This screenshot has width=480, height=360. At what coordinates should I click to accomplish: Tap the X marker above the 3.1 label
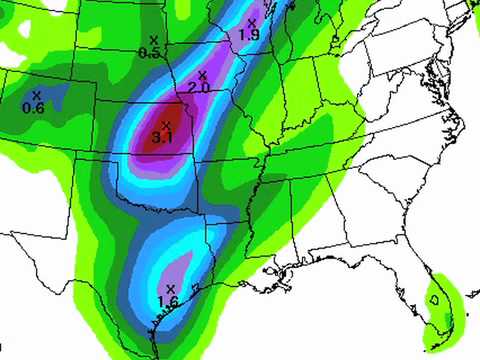pyautogui.click(x=165, y=123)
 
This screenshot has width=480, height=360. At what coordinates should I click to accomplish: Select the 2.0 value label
pyautogui.click(x=200, y=88)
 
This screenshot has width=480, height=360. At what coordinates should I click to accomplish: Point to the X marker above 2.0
pyautogui.click(x=203, y=75)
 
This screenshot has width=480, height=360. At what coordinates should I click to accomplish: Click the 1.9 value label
pyautogui.click(x=250, y=35)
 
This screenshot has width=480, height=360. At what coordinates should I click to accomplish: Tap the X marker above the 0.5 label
pyautogui.click(x=153, y=40)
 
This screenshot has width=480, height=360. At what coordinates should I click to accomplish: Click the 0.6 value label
pyautogui.click(x=33, y=108)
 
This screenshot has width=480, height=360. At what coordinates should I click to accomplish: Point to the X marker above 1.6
pyautogui.click(x=171, y=288)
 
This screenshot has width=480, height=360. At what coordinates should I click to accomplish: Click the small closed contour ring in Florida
pyautogui.click(x=435, y=298)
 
